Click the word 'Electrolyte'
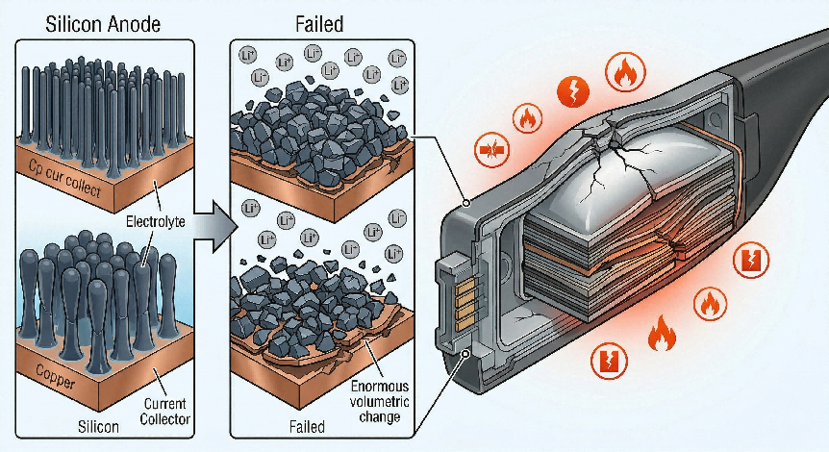[x=156, y=221]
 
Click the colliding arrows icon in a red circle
[x=491, y=149]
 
